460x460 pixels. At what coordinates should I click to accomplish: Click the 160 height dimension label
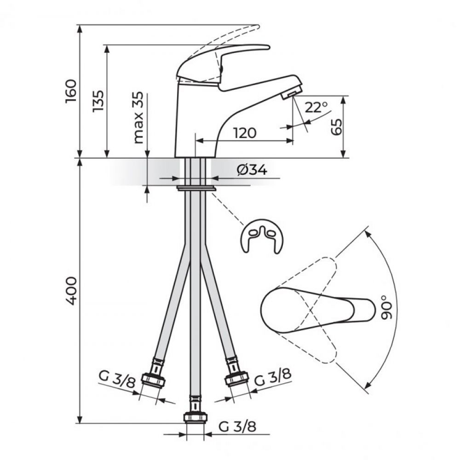[71, 91]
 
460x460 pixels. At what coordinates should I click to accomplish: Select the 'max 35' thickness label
[138, 118]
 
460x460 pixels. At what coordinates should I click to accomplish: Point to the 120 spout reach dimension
[245, 133]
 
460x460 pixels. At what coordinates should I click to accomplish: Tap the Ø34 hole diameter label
[252, 170]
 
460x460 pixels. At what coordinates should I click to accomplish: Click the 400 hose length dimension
[71, 290]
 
